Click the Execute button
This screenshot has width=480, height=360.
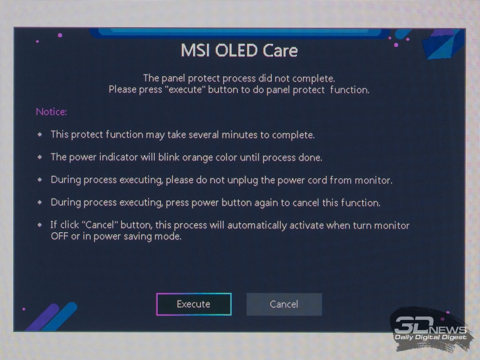193,304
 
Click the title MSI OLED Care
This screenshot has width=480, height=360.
239,50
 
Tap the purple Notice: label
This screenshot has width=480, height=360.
51,112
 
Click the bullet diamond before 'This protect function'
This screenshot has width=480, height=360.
40,134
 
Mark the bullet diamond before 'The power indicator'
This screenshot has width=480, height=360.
40,157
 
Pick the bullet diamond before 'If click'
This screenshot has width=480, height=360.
40,224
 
